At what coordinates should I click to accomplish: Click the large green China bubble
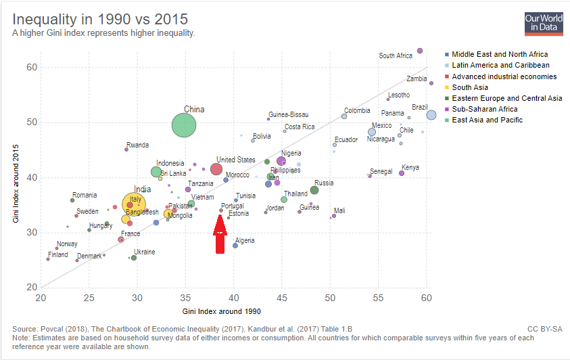click(x=184, y=125)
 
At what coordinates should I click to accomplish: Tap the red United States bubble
click(x=216, y=169)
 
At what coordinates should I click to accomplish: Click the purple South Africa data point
click(x=420, y=51)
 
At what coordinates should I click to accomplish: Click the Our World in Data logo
click(x=544, y=23)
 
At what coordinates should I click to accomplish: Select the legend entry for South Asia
click(x=471, y=87)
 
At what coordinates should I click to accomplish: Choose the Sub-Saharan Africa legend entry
click(x=485, y=109)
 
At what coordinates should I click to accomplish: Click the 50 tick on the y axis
click(x=31, y=122)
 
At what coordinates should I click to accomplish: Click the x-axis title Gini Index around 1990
click(x=221, y=311)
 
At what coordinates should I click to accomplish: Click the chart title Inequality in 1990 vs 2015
click(x=100, y=18)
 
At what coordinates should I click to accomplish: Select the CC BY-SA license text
click(x=544, y=329)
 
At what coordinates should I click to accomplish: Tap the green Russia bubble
click(x=314, y=190)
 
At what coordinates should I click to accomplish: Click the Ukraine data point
click(x=134, y=258)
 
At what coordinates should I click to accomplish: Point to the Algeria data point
click(x=235, y=245)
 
